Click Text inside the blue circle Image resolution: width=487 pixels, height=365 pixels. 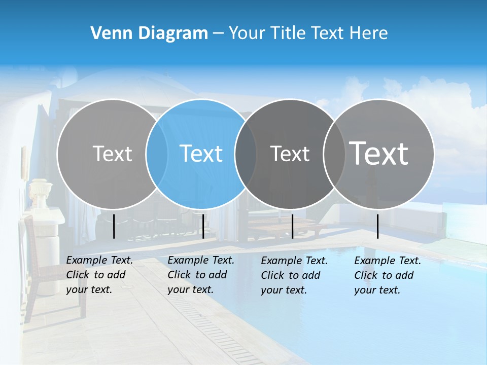click(201, 154)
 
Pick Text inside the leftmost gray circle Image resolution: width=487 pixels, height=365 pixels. click(112, 154)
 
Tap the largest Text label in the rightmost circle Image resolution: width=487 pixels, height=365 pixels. click(379, 153)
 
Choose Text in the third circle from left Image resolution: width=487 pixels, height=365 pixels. click(290, 154)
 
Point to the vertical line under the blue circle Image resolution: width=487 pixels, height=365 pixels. click(203, 226)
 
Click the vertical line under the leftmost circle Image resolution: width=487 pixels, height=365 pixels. click(114, 226)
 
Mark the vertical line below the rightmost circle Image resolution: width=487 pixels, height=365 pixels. click(378, 226)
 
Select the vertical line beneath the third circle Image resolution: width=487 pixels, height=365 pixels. click(293, 226)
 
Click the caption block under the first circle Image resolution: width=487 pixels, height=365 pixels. click(99, 275)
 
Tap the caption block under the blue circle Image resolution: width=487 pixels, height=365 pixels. click(201, 275)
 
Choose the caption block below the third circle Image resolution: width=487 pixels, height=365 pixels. click(294, 275)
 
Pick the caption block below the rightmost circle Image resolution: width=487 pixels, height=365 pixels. click(388, 275)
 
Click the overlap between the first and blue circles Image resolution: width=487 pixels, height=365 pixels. click(157, 154)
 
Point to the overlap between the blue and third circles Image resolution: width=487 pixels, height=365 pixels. click(246, 154)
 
